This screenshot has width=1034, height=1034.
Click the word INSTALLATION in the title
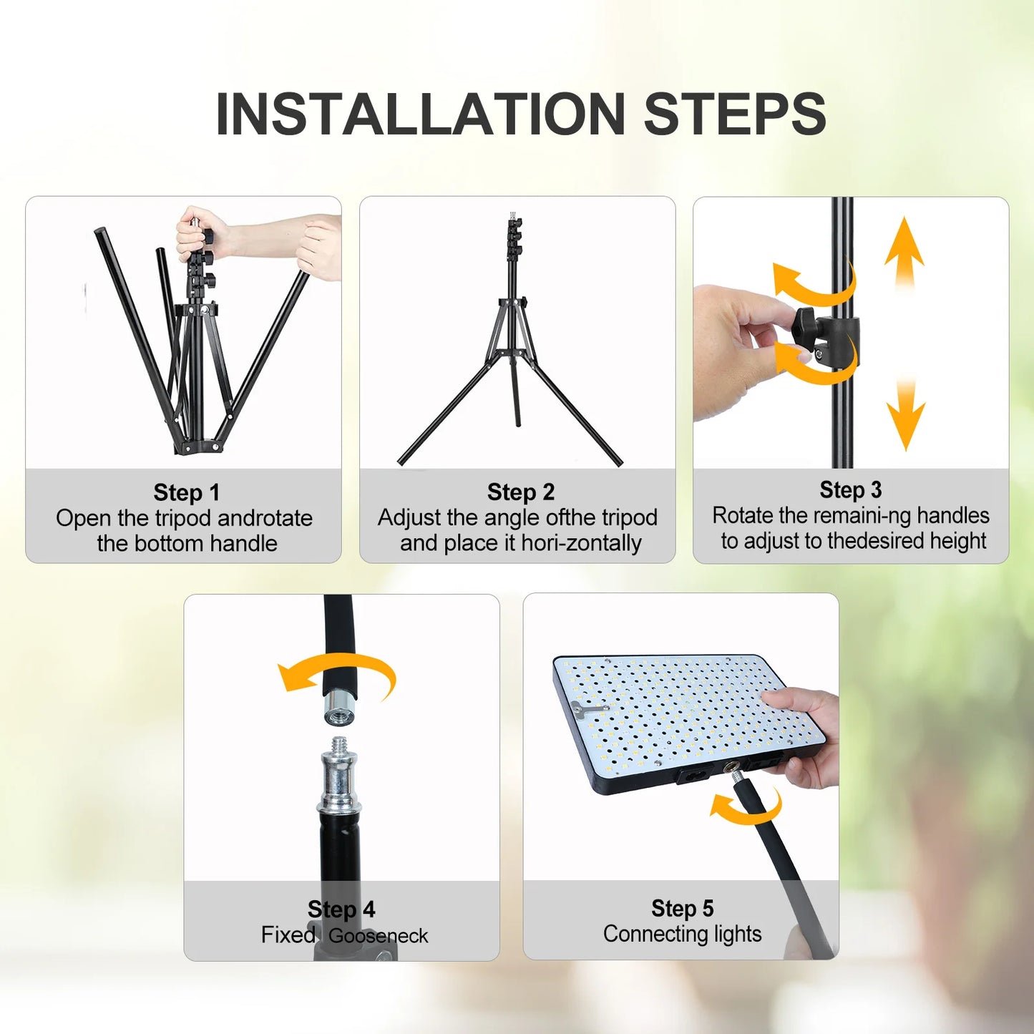tap(421, 114)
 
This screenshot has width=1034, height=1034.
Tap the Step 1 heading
tap(186, 492)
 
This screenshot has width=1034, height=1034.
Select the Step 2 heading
tap(520, 492)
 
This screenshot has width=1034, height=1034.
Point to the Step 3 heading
tap(850, 489)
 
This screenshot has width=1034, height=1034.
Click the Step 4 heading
tap(341, 909)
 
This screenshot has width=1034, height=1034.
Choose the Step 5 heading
tap(682, 908)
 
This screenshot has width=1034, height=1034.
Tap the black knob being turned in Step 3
tap(809, 329)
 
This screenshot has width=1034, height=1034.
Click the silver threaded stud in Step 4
tap(339, 773)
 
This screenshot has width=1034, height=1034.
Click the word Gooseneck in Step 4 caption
tap(378, 935)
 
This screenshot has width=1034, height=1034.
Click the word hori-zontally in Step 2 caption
tap(581, 543)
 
